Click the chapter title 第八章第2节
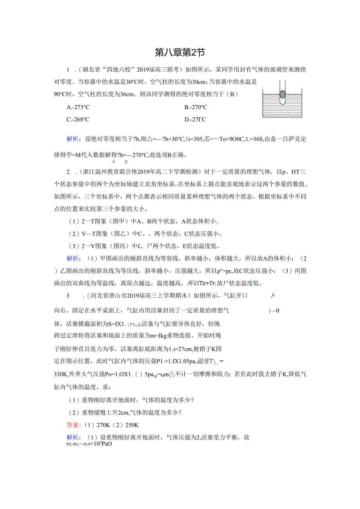pos(180,52)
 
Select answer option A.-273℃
pos(78,108)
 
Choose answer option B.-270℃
pos(196,108)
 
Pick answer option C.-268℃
pos(78,120)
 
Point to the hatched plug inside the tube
pos(283,95)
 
